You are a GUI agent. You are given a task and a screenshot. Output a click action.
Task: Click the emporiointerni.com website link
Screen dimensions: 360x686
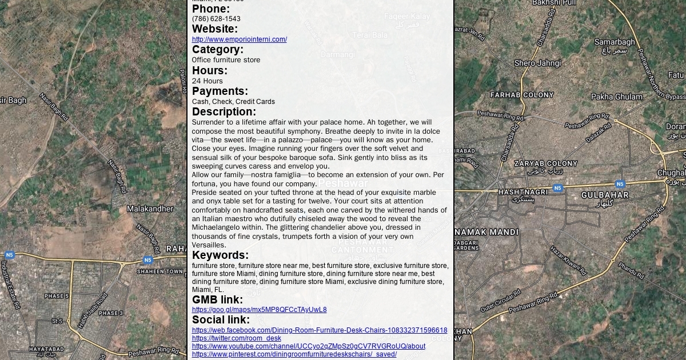click(239, 39)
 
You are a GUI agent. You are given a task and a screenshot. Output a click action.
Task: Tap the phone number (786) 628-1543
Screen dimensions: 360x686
click(216, 19)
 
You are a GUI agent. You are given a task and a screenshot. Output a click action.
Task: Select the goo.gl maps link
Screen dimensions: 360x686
click(259, 310)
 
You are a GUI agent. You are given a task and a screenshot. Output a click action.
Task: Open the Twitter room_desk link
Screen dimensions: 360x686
click(236, 338)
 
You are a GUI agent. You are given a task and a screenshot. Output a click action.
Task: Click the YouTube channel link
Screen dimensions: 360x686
click(308, 346)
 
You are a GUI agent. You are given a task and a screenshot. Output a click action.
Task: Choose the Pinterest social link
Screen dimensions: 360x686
click(294, 354)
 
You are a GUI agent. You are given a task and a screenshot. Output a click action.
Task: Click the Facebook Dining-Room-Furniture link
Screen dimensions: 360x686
click(319, 330)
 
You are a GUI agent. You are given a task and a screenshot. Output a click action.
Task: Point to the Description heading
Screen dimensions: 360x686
click(224, 112)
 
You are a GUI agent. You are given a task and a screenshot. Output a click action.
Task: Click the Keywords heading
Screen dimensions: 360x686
click(220, 255)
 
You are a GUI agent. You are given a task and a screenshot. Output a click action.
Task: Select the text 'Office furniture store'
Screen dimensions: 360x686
click(226, 60)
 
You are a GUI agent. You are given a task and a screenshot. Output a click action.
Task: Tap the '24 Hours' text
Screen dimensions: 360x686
click(207, 81)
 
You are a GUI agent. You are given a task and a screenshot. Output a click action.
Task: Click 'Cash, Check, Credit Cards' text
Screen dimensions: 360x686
click(233, 102)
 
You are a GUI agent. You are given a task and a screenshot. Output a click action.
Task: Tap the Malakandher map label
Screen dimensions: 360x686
click(150, 209)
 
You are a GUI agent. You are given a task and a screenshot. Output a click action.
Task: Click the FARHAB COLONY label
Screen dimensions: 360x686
click(522, 95)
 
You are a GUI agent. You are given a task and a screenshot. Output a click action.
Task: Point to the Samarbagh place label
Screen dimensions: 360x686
click(615, 42)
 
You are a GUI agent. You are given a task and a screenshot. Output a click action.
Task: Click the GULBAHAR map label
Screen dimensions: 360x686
click(605, 195)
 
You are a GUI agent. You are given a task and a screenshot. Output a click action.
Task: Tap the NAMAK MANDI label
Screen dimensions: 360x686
click(487, 232)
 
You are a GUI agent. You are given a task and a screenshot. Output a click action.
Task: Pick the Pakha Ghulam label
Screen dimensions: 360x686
click(617, 97)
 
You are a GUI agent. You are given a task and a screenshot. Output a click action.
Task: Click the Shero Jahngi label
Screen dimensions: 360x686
click(537, 63)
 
